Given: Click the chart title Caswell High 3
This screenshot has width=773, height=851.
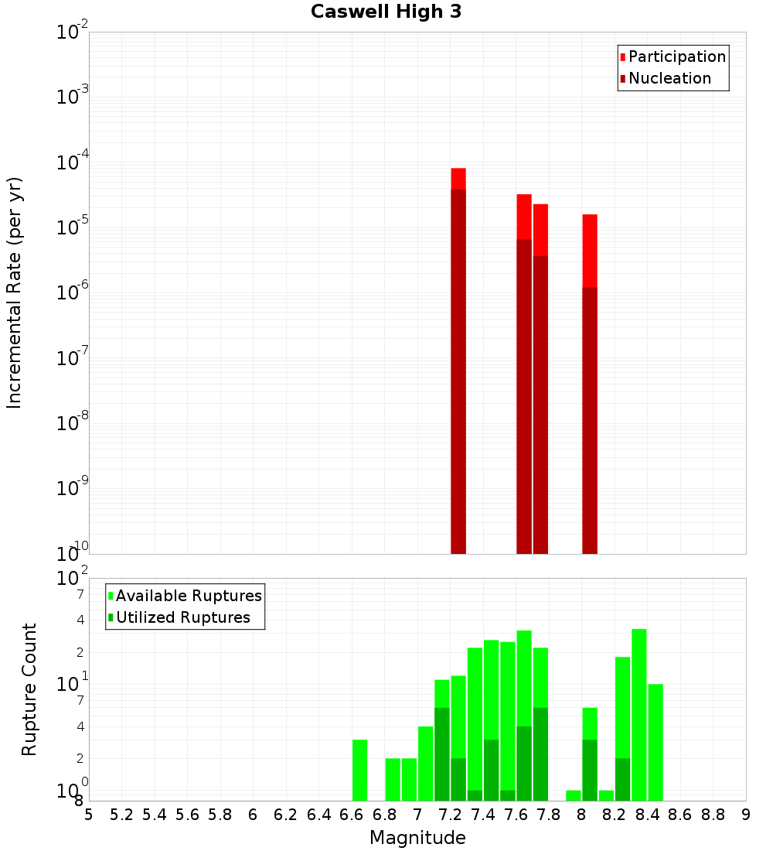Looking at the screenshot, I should point(386,12).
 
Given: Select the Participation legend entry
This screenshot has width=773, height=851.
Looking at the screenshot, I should point(677,57).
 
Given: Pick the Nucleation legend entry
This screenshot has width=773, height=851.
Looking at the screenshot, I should point(669,79).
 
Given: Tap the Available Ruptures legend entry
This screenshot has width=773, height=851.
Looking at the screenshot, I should point(189,596).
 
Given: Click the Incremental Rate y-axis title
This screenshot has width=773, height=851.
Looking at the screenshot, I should point(15,292).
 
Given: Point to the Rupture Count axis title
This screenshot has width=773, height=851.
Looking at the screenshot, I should point(29,689).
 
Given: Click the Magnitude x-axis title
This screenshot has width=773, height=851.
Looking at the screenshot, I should point(417,838).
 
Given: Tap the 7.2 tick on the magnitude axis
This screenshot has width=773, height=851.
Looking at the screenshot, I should point(450,815).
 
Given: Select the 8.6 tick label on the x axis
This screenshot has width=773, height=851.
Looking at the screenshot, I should point(680,815).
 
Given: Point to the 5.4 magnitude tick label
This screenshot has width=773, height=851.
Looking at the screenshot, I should point(155,815).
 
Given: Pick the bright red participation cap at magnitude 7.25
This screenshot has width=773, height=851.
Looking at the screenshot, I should point(458,179).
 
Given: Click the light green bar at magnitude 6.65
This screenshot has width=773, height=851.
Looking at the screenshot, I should point(359,770).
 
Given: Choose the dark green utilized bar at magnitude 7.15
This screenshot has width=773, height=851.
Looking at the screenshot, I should point(442,754).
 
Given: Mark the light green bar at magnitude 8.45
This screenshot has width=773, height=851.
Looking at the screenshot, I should point(656,742).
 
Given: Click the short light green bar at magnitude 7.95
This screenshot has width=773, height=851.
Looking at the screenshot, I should point(573,795).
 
